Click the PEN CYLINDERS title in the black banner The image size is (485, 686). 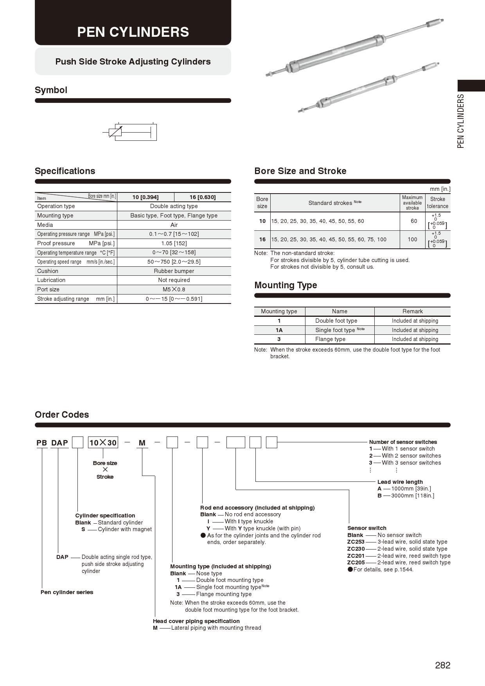[x=133, y=32]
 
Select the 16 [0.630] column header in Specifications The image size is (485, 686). [x=202, y=197]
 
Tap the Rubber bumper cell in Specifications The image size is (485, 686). [x=174, y=271]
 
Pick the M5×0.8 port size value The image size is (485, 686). [x=174, y=289]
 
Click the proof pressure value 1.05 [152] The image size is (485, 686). [x=174, y=243]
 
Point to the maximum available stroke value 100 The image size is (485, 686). [x=412, y=239]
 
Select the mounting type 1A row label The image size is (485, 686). [x=279, y=330]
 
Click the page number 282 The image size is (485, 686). [x=442, y=665]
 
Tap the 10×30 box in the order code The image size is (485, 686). [x=103, y=443]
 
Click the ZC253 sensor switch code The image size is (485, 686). [x=356, y=542]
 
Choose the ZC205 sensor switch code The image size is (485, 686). [x=356, y=562]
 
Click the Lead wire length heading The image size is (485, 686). [x=400, y=482]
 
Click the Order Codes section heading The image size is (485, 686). [x=62, y=415]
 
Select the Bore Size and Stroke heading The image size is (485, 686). [x=300, y=171]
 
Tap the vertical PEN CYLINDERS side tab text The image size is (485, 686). [x=461, y=121]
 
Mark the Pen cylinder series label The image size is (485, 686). [x=67, y=592]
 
